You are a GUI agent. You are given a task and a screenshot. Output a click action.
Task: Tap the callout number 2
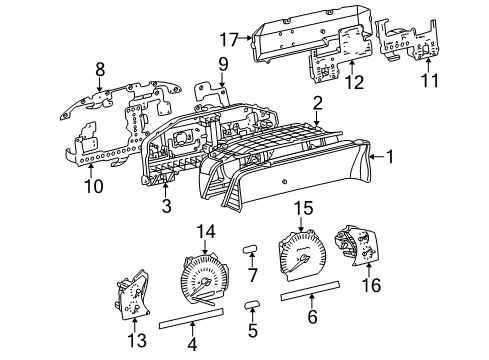pyautogui.click(x=316, y=104)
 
